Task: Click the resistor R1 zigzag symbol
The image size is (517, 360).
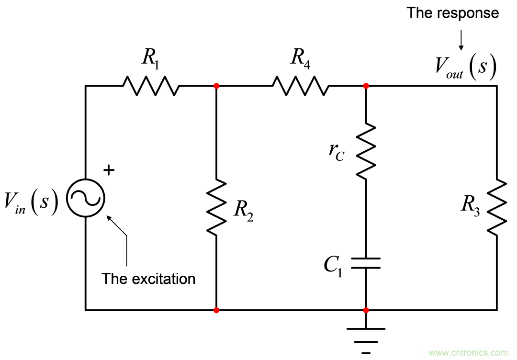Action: click(x=151, y=86)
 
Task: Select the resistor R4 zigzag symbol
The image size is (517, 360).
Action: click(x=301, y=86)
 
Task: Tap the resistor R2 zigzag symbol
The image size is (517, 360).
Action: click(x=216, y=206)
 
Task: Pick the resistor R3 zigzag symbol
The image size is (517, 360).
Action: click(x=497, y=206)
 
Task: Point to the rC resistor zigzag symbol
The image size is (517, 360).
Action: click(x=366, y=151)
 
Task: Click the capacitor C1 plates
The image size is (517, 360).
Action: click(x=366, y=263)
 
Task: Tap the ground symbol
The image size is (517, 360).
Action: click(x=366, y=335)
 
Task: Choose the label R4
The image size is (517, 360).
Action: click(x=300, y=58)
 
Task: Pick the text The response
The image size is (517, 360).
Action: click(x=452, y=13)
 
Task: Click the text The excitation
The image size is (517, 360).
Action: click(x=148, y=279)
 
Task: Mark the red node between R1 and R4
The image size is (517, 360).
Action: click(x=216, y=86)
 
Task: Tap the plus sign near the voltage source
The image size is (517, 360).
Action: click(x=109, y=170)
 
